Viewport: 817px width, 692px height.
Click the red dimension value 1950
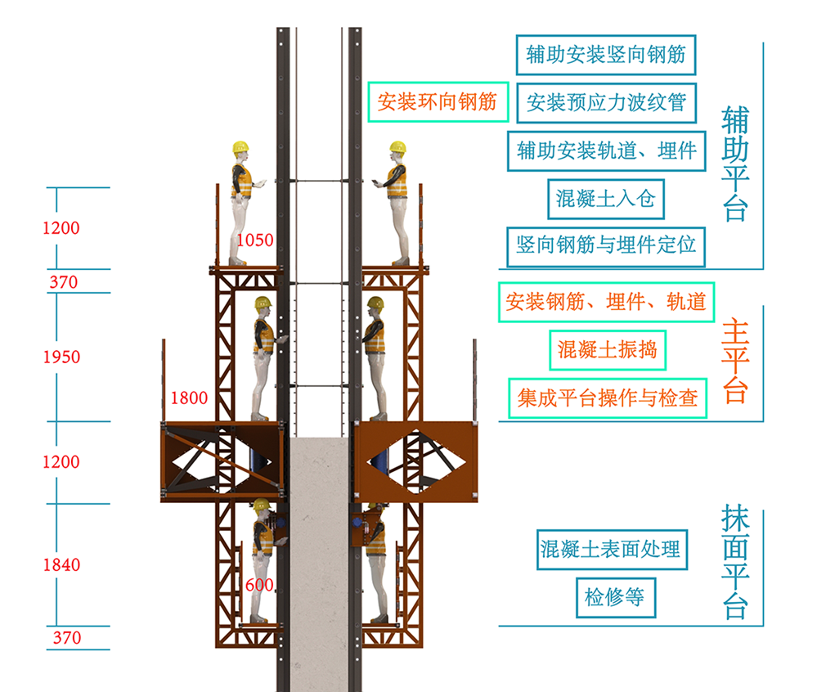tap(61, 357)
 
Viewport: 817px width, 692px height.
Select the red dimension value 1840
tap(61, 564)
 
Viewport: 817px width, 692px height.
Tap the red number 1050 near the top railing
tap(255, 240)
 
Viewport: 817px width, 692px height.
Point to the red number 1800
tap(188, 398)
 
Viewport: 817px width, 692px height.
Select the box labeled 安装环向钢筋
tap(438, 102)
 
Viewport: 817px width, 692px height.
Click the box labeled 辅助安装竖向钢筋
tap(606, 56)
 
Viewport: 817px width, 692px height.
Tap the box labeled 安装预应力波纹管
tap(606, 103)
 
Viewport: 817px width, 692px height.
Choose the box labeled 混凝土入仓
tap(606, 197)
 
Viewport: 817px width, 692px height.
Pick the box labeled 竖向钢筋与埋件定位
tap(606, 245)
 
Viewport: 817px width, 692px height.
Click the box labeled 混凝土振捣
tap(607, 350)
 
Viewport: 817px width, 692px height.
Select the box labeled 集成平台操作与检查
tap(607, 398)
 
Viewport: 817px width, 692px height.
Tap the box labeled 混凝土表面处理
tap(609, 549)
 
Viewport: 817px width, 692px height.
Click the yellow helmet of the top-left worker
tap(240, 148)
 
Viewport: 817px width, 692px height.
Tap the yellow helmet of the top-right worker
tap(397, 147)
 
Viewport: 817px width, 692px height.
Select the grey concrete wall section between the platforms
tap(320, 556)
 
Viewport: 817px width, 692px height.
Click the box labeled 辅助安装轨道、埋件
tap(606, 151)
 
